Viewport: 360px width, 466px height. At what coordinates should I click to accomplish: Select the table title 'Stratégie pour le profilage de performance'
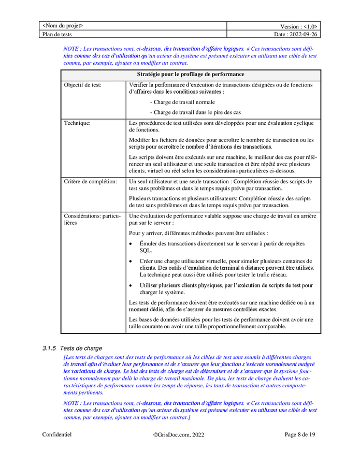(191, 75)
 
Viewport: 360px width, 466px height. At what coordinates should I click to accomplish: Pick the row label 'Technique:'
(78, 123)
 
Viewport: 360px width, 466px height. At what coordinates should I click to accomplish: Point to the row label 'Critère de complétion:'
(91, 182)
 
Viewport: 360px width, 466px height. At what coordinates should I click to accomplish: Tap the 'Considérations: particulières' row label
(92, 219)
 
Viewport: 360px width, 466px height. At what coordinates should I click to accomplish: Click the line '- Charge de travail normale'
(182, 102)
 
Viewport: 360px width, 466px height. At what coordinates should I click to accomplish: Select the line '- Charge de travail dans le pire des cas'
(195, 112)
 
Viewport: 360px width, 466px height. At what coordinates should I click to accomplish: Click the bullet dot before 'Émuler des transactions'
(132, 244)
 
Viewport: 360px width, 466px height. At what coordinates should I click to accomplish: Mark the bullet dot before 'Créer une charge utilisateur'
(132, 261)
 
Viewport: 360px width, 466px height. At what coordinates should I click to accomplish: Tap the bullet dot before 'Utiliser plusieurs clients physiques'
(132, 285)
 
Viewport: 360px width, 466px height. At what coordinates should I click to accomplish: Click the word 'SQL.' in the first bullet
(146, 250)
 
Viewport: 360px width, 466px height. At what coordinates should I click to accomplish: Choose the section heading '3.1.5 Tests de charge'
(72, 348)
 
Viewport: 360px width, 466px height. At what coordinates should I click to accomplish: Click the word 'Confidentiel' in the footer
(57, 435)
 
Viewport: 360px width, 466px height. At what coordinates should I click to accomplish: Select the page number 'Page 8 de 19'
(300, 435)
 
